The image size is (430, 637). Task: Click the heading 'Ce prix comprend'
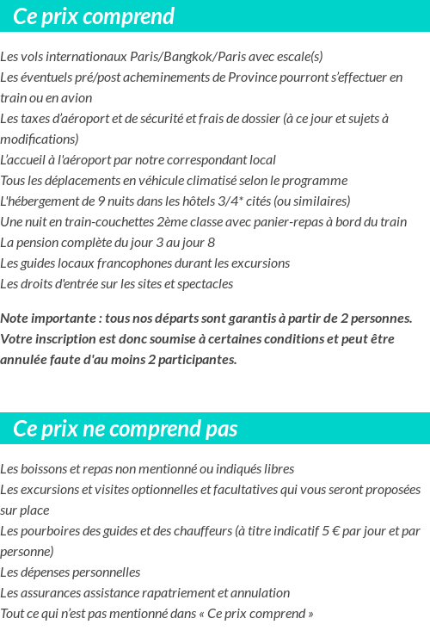(94, 16)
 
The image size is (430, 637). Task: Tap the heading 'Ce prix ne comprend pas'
(126, 429)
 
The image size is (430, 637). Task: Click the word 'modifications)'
(40, 139)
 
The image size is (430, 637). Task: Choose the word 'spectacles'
(203, 284)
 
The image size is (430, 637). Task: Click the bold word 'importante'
(62, 318)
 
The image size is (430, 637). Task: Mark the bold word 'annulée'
(25, 360)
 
